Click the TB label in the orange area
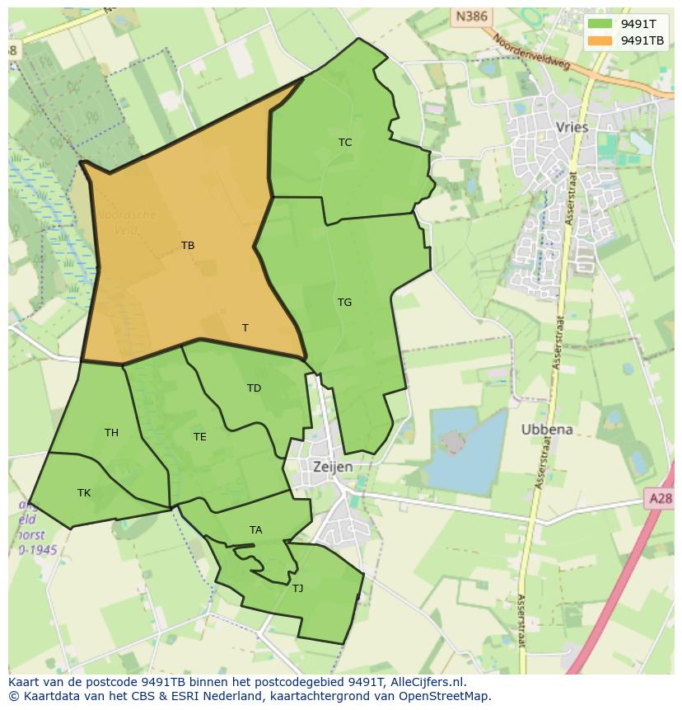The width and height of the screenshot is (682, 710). [x=188, y=245]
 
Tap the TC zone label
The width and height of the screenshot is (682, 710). [x=345, y=142]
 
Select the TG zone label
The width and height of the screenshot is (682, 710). [x=344, y=302]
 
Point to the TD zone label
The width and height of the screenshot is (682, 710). [x=254, y=388]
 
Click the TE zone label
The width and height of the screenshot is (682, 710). [x=200, y=436]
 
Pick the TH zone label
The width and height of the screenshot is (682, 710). [x=111, y=432]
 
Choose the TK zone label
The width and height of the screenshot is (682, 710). [x=84, y=492]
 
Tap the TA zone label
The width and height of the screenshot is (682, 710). [x=256, y=529]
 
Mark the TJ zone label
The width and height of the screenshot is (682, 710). [x=297, y=588]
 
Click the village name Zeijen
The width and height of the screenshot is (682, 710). [x=333, y=467]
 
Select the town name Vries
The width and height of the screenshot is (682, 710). [x=572, y=127]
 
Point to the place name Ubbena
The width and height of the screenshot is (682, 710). [x=547, y=430]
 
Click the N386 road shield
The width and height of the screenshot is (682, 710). [x=470, y=16]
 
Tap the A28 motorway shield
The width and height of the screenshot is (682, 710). [x=660, y=498]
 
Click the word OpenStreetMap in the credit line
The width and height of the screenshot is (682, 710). [x=444, y=696]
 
